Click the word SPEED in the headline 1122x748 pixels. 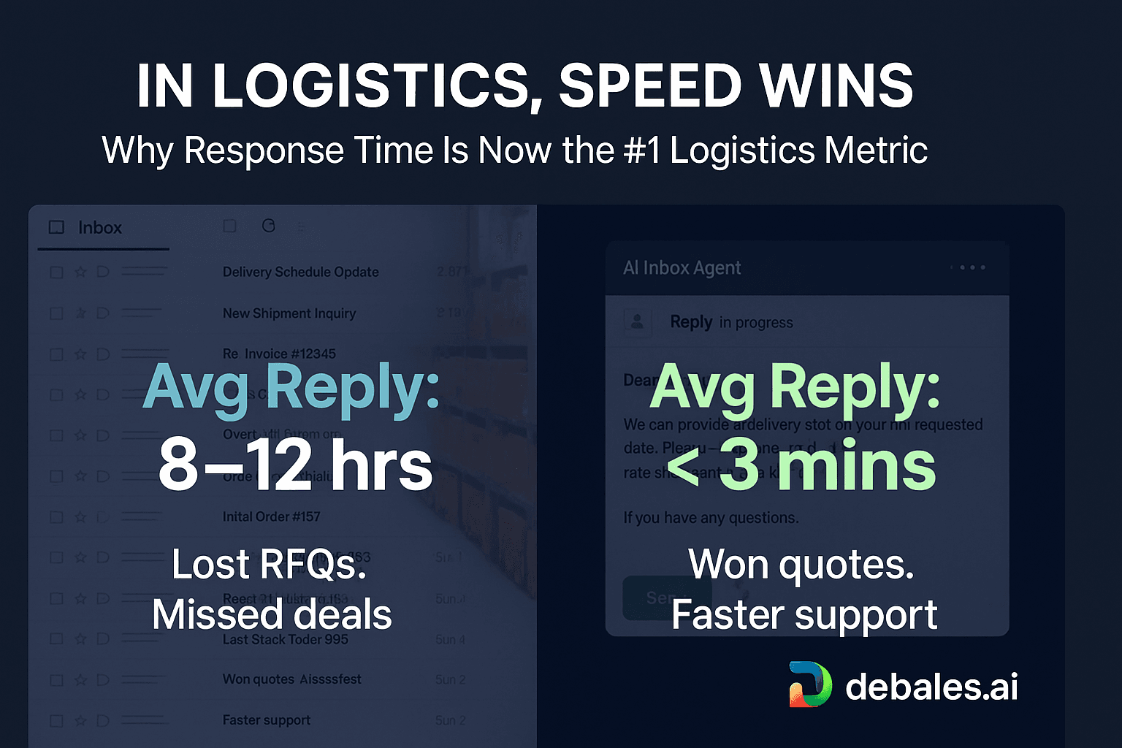[x=651, y=86]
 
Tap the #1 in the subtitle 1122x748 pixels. [x=642, y=151]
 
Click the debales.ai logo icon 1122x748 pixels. [x=810, y=684]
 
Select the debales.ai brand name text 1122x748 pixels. [x=931, y=687]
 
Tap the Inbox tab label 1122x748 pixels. [x=99, y=228]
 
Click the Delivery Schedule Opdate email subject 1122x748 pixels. [x=300, y=272]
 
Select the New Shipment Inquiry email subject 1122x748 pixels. [x=289, y=313]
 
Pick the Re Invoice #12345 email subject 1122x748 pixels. [x=279, y=354]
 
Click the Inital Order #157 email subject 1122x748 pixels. [x=271, y=516]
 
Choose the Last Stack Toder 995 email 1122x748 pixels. [x=285, y=639]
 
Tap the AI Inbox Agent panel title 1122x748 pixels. [x=682, y=268]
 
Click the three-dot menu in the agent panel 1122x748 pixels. [x=972, y=267]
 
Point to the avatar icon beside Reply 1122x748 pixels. [x=637, y=321]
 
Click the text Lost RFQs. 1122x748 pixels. [x=269, y=565]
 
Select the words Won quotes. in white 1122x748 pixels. [x=801, y=565]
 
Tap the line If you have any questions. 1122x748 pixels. [x=711, y=518]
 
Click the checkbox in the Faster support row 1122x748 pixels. [x=56, y=720]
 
